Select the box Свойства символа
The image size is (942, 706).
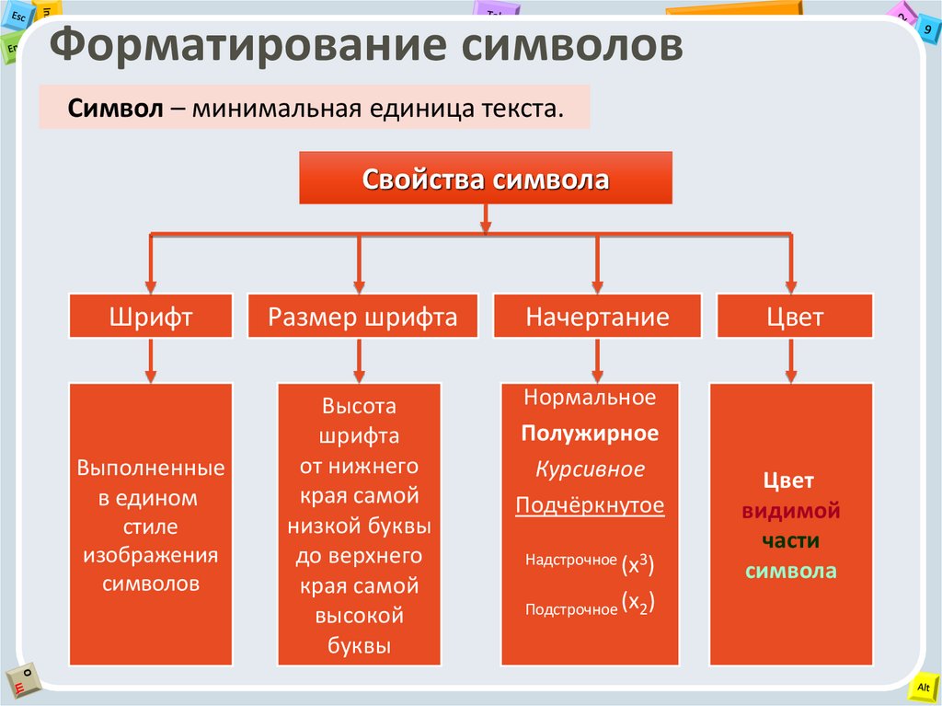[x=485, y=179]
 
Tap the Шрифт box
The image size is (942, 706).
[x=151, y=317]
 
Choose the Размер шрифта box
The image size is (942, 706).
[x=362, y=317]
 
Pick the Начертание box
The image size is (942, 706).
[x=597, y=317]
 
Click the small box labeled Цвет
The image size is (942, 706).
[x=796, y=317]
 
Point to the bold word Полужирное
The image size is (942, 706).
[x=590, y=433]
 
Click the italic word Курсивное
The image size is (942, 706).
[x=590, y=469]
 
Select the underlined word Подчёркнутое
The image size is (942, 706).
[x=590, y=505]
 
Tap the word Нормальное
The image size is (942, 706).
[x=590, y=398]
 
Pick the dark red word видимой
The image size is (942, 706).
[x=791, y=511]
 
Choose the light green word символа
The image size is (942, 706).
[x=791, y=571]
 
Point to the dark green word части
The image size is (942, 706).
[x=791, y=540]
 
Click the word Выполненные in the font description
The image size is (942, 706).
[x=151, y=468]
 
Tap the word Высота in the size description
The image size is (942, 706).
[x=359, y=405]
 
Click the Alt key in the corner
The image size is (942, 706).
[x=923, y=688]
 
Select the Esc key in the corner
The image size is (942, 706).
[x=18, y=16]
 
